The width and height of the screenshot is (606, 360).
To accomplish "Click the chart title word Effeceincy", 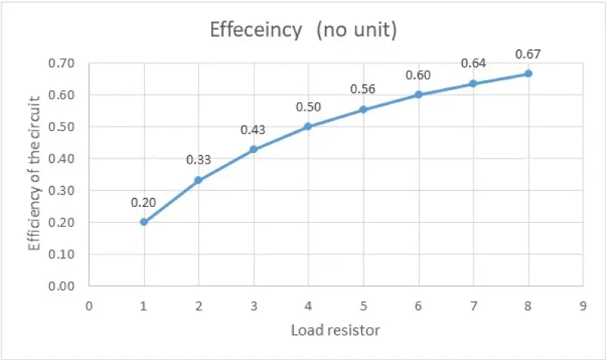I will [x=255, y=31].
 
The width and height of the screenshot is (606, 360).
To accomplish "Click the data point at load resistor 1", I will [x=144, y=222].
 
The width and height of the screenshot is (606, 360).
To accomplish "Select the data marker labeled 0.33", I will [x=198, y=180].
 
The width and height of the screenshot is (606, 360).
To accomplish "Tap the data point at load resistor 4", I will [x=308, y=127].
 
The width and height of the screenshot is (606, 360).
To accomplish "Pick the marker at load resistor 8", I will [x=528, y=74].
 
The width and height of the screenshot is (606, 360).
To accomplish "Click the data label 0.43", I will [x=253, y=130].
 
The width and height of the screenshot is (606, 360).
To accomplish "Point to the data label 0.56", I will [x=363, y=89].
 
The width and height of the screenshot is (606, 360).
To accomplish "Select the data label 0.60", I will [x=418, y=75].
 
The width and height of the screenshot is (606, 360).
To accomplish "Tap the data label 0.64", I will [x=473, y=64].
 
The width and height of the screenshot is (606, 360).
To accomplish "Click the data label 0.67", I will [x=527, y=54].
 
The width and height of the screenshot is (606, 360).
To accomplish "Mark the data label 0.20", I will [x=143, y=202].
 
